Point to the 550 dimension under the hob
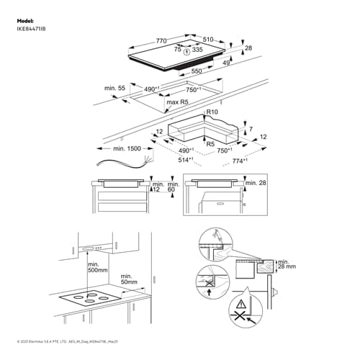[x=196, y=72]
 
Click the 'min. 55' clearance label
[x=114, y=87]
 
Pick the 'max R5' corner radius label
[x=177, y=103]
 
